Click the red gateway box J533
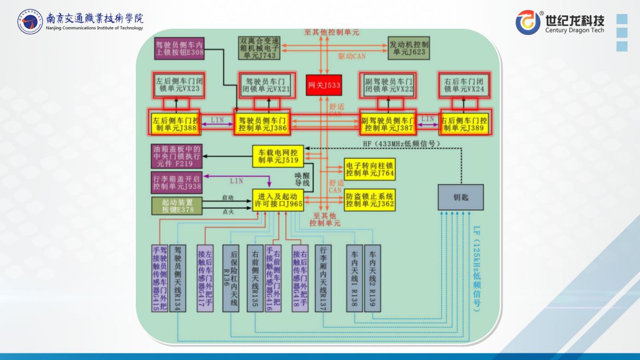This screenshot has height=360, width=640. click(324, 85)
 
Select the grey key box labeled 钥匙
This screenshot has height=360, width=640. click(460, 197)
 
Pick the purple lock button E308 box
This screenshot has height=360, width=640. click(179, 48)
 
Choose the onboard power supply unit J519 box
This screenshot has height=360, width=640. click(278, 156)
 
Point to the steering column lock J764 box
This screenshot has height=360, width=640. click(370, 169)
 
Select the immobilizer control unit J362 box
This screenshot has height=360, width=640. click(370, 200)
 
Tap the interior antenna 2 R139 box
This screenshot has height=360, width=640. click(373, 278)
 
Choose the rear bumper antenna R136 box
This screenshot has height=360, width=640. click(231, 278)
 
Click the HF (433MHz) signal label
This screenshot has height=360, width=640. click(401, 144)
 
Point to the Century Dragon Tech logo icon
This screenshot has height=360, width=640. click(528, 23)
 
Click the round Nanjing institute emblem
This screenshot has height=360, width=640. click(30, 22)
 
